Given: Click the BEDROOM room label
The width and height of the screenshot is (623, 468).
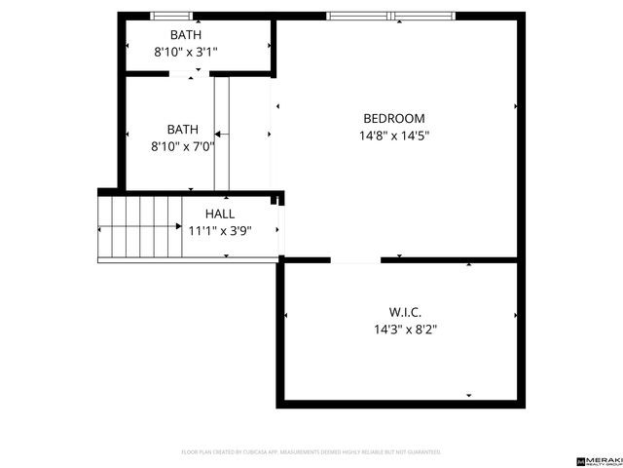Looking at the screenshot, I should click(393, 119).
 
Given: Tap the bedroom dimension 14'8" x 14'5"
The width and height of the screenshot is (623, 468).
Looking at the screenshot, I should click(393, 136).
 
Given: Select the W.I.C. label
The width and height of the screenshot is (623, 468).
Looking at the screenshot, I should click(405, 312).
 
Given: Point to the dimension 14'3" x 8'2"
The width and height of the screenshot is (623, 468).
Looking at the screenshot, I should click(405, 330).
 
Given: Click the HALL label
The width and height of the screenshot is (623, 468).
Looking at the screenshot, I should click(219, 214).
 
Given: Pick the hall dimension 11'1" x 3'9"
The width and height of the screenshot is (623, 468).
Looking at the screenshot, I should click(219, 231).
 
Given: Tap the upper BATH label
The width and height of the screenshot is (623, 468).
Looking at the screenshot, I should click(186, 35).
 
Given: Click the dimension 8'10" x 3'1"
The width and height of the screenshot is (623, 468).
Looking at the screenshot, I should click(186, 53).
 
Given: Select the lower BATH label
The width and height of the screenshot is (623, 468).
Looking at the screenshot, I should click(182, 129).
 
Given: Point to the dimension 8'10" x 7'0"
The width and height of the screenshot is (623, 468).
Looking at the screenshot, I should click(182, 146).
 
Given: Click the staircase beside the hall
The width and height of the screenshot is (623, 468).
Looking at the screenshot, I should click(141, 227).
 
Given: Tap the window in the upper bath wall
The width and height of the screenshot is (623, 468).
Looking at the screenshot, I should click(171, 16).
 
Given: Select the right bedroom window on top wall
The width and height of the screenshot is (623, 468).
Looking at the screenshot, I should click(422, 16).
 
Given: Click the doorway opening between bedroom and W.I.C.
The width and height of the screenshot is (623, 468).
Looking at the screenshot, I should click(355, 260).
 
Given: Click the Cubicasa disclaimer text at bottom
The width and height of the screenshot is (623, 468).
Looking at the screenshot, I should click(311, 452).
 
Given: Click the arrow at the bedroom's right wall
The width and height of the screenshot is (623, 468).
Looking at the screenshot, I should click(515, 106).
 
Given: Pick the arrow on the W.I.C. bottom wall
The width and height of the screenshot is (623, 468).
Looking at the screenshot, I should click(468, 396).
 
